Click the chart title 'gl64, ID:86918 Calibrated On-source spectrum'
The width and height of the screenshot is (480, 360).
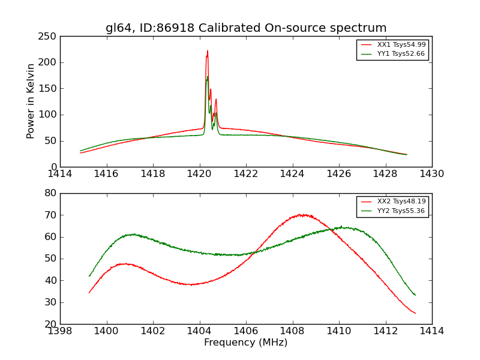point(246,28)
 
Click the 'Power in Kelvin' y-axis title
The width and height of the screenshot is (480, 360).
point(31,101)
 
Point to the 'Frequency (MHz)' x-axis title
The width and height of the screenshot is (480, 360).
point(246,343)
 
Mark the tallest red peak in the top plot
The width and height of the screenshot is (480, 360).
point(208,52)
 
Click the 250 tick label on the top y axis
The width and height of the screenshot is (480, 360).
point(49,37)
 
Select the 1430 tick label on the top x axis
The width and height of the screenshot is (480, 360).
point(432,174)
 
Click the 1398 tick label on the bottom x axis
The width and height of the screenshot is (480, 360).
point(60,331)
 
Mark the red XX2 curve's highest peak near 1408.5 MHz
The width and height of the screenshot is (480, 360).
point(303,214)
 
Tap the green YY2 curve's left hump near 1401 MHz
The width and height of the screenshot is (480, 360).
point(133,234)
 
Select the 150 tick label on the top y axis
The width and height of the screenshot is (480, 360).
point(49,89)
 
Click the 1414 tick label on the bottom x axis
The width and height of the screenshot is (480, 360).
point(432,331)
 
